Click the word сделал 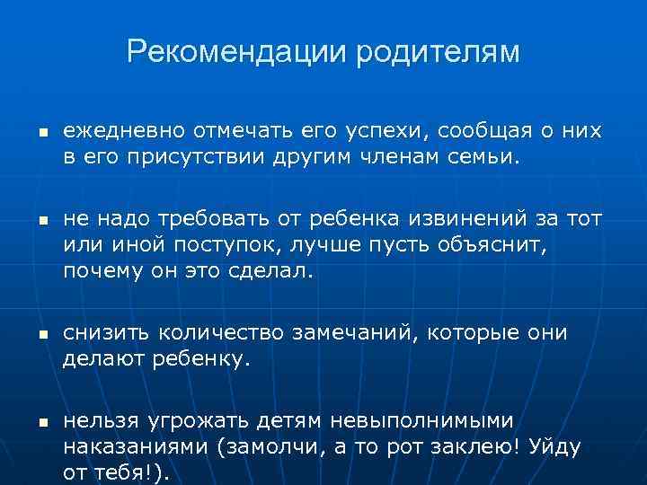(x=266, y=270)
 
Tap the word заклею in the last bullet (x=475, y=447)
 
